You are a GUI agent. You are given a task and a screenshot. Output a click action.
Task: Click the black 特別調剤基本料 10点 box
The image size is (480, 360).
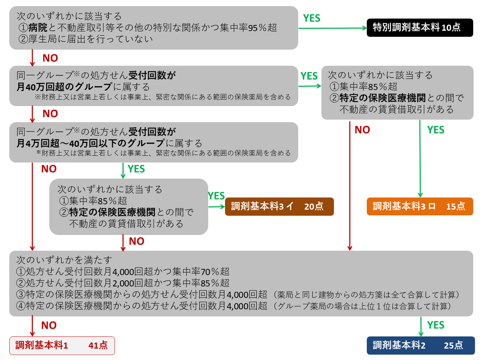tap(420, 27)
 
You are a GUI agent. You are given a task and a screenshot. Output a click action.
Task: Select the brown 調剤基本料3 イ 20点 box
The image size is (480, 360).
tap(279, 206)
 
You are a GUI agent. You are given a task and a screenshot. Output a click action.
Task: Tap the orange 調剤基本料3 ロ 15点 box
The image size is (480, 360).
tap(420, 206)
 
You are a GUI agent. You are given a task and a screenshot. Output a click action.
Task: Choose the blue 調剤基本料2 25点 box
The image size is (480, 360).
tap(420, 345)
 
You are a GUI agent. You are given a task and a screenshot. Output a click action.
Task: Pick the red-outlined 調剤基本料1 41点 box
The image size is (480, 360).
tap(62, 345)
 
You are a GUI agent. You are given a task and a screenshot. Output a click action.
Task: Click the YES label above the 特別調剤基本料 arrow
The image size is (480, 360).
tap(311, 18)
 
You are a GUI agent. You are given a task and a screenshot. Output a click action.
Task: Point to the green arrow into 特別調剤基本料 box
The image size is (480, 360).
tap(332, 28)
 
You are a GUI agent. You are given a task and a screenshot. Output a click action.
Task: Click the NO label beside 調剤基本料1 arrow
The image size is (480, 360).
tap(49, 325)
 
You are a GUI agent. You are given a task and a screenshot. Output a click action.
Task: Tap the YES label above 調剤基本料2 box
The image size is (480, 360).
tap(436, 325)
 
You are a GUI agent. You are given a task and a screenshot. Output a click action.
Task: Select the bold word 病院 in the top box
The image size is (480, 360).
tap(38, 27)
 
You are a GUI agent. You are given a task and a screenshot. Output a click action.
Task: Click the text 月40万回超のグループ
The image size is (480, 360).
tap(64, 87)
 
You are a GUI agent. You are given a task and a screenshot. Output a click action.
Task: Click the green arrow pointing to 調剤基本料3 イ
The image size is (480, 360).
tap(216, 206)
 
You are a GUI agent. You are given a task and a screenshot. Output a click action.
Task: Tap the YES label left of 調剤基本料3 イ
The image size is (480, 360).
tap(216, 196)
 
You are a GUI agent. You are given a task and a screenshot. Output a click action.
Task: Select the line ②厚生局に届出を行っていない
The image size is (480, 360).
tap(86, 39)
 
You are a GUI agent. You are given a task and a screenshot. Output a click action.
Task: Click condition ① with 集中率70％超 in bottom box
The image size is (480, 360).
tap(123, 272)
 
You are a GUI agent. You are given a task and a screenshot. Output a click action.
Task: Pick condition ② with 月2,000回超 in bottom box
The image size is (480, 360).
tap(123, 283)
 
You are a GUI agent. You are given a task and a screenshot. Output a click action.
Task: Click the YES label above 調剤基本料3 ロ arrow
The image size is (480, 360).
tap(436, 130)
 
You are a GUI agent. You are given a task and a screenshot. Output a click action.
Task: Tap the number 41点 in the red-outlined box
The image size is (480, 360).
tap(98, 345)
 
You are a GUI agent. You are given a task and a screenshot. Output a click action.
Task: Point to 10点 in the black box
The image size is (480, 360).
tap(451, 27)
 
